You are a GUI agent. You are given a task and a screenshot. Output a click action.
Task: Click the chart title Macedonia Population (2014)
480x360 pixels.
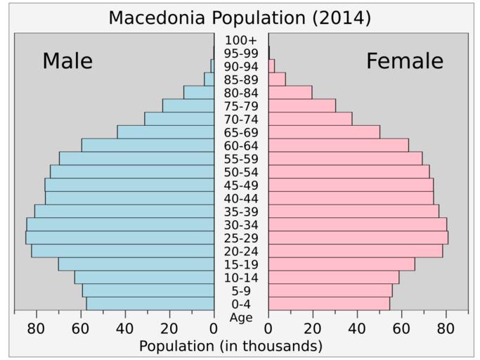click(240, 18)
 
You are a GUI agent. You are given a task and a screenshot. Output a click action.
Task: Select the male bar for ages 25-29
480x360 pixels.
click(119, 238)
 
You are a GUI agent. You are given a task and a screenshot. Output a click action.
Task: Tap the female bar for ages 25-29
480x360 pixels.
click(358, 238)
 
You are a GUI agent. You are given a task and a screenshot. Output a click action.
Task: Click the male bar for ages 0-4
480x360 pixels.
click(150, 304)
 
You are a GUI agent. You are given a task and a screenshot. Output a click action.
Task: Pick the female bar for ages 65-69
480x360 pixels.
click(324, 132)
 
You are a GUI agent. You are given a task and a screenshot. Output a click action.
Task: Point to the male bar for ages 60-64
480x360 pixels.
click(148, 146)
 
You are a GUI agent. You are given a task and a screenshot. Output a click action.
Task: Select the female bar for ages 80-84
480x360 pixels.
click(290, 92)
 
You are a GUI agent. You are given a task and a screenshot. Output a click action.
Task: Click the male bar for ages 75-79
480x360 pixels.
click(188, 105)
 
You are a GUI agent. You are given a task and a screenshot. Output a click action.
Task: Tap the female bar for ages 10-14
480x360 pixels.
click(333, 277)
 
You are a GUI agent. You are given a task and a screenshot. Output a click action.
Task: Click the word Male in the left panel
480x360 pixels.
click(67, 61)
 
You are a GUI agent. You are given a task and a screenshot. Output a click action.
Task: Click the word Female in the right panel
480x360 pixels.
click(405, 61)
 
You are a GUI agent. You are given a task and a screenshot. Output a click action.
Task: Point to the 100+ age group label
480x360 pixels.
click(241, 40)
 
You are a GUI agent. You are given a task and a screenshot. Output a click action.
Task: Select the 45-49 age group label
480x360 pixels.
click(241, 185)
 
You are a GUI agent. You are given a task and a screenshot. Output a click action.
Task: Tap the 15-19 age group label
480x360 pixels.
click(241, 264)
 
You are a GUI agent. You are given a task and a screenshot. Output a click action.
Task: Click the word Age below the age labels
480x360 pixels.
click(241, 318)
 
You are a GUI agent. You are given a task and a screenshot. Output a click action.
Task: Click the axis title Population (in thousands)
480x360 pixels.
click(231, 346)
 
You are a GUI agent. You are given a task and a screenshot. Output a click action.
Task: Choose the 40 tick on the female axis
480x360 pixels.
click(357, 328)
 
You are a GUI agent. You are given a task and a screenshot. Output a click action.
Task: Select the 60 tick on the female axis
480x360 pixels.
click(401, 328)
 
